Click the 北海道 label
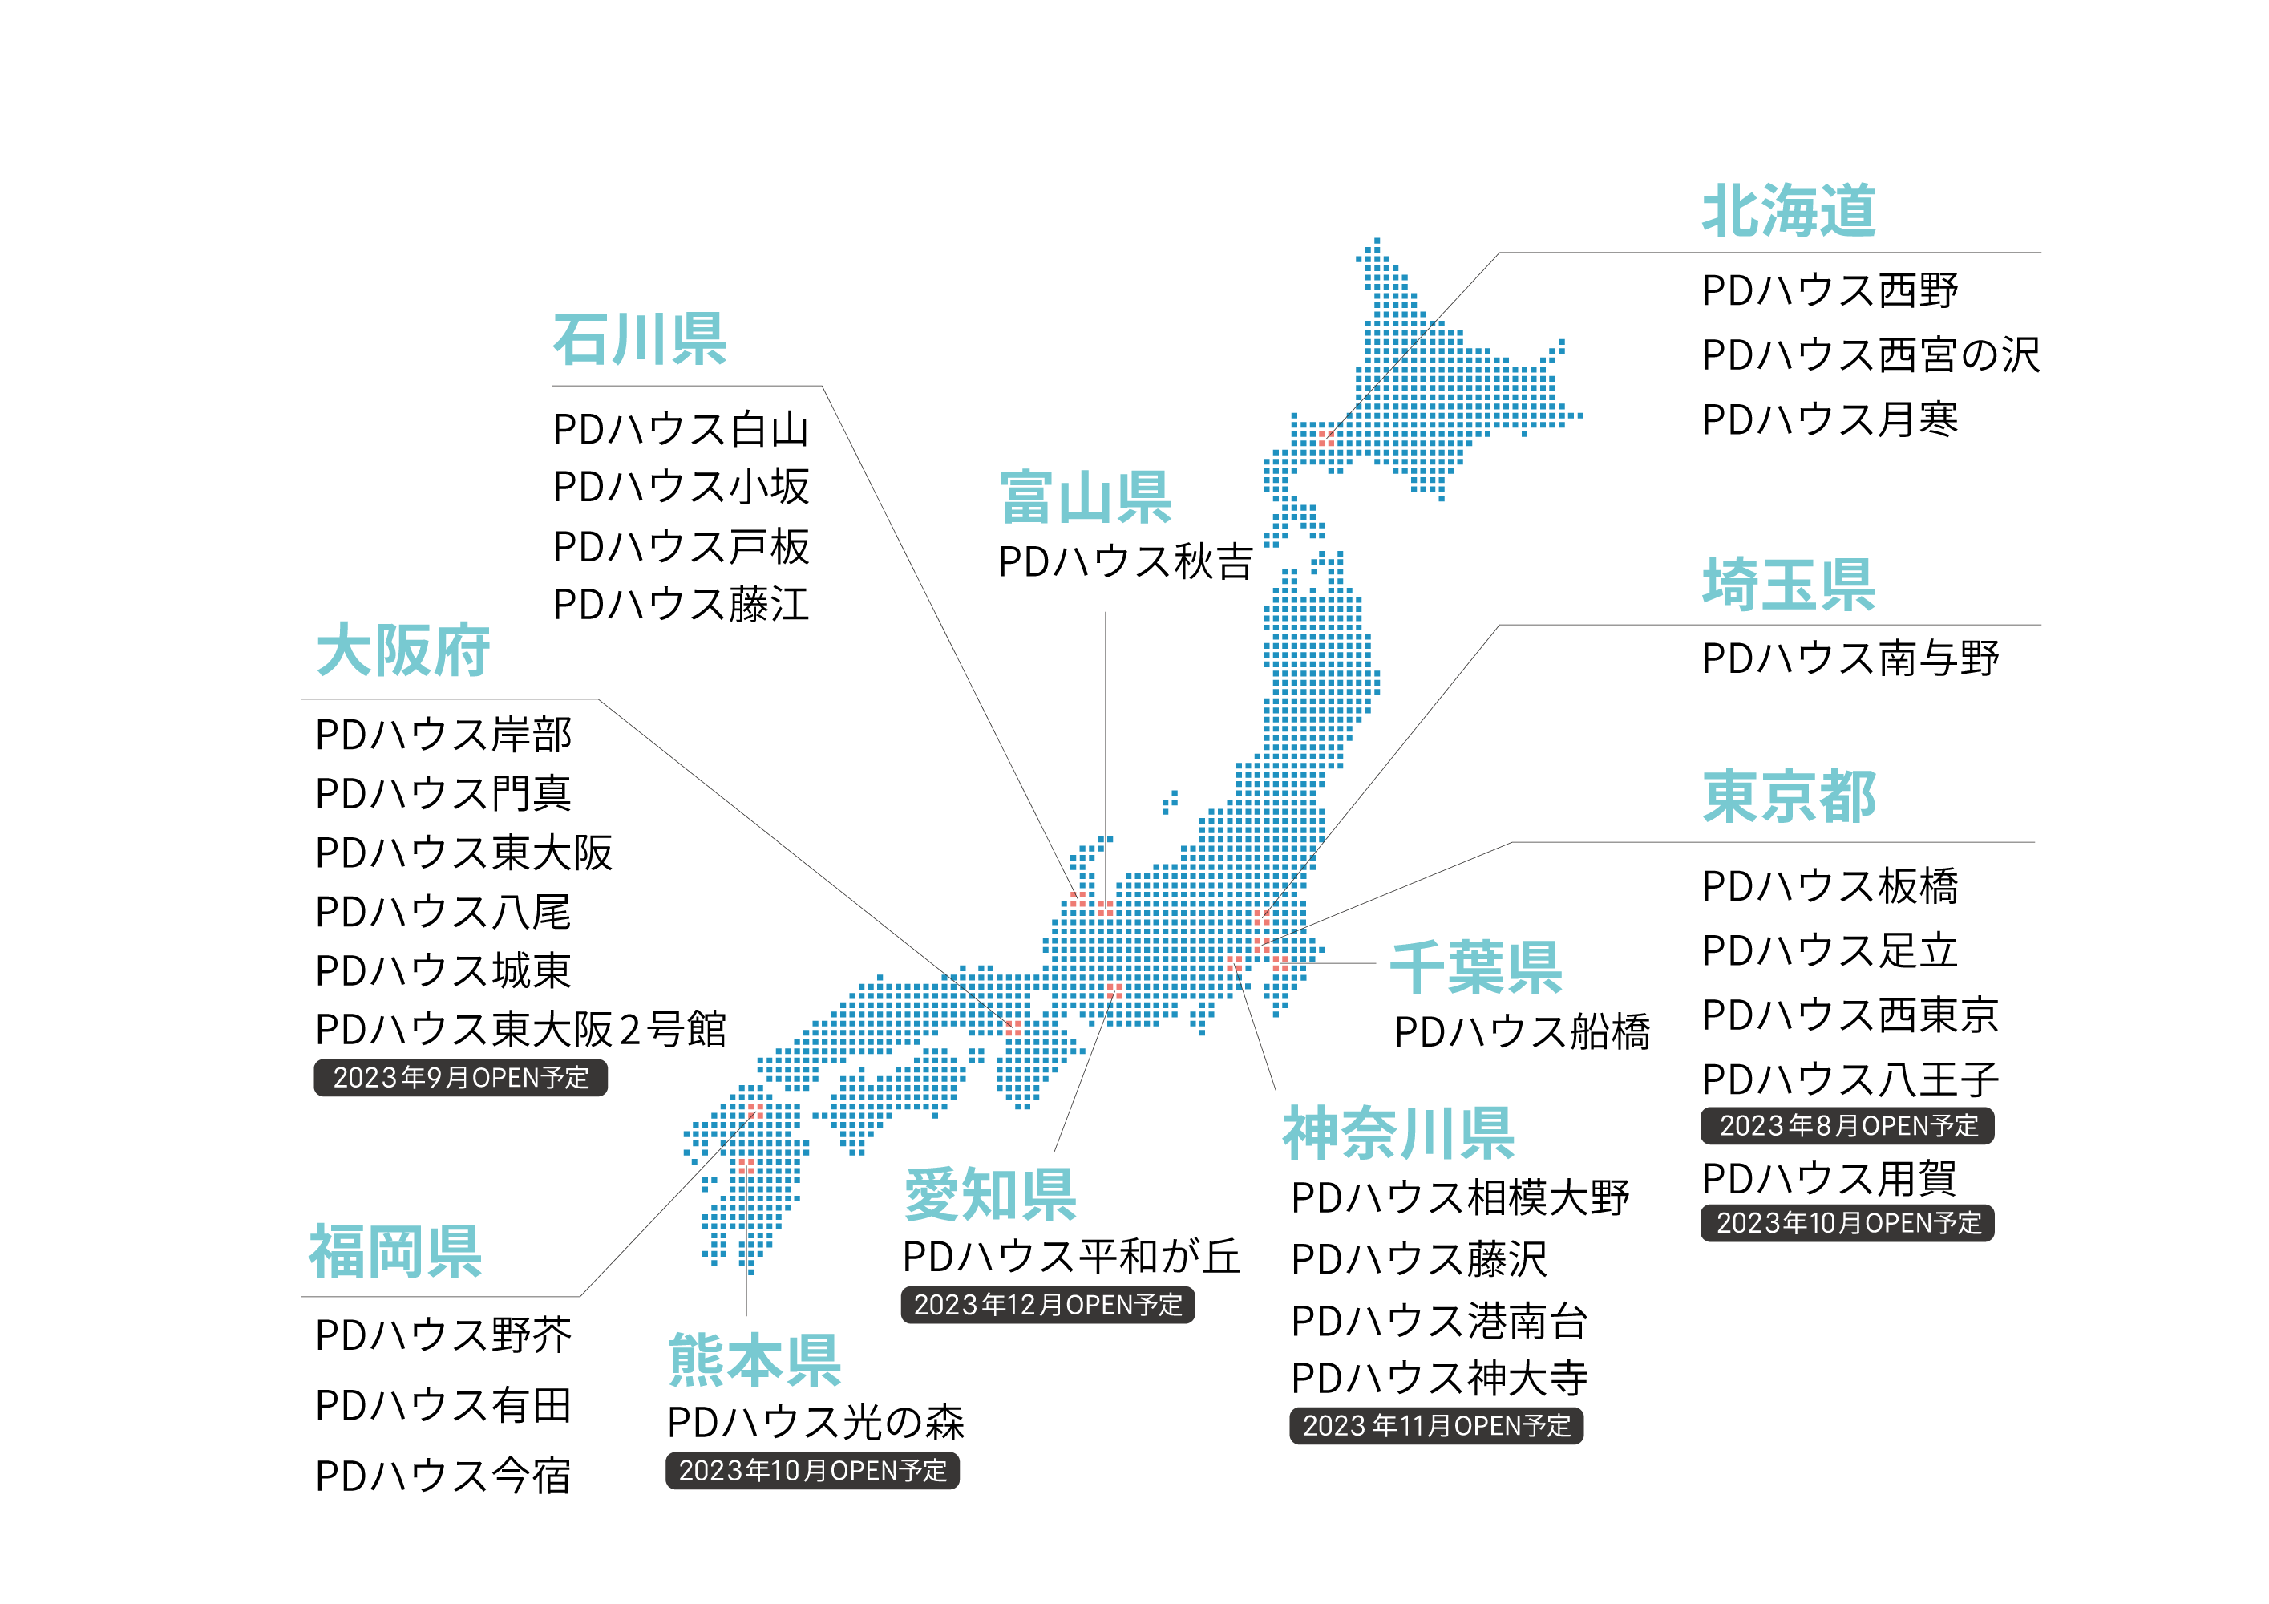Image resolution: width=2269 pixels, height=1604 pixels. (1789, 210)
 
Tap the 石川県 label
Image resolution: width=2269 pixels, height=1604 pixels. (639, 339)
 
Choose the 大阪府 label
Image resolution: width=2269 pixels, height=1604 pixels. (402, 650)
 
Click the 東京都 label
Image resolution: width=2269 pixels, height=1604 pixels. (1789, 796)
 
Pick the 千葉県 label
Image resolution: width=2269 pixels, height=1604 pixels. (1476, 967)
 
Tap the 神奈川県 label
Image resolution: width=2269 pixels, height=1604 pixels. (1398, 1132)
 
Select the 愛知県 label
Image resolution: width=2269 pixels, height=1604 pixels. (990, 1194)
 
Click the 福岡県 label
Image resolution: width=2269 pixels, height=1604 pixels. (395, 1251)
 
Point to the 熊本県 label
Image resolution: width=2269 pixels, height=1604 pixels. (755, 1360)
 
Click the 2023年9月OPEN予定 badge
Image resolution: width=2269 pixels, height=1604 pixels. (460, 1077)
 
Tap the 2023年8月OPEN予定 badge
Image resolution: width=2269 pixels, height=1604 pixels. (1847, 1126)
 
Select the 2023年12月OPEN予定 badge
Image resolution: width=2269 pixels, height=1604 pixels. (1048, 1305)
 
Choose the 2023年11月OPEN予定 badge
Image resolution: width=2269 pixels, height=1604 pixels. (1436, 1425)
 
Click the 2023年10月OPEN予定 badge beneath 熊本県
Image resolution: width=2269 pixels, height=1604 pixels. (812, 1471)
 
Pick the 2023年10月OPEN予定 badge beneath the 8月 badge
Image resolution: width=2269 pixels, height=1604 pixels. (1847, 1222)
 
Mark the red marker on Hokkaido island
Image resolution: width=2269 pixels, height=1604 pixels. (1326, 438)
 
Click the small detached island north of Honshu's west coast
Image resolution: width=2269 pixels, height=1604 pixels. (1170, 801)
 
